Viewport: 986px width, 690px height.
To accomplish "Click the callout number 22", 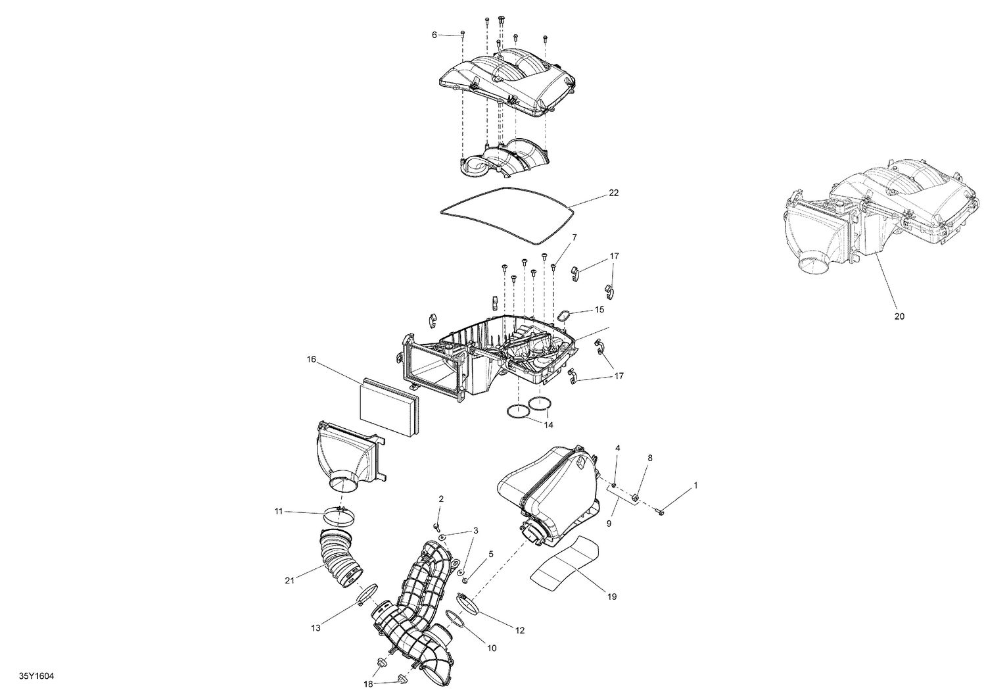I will [x=613, y=193].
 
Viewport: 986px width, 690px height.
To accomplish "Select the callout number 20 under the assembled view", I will [x=899, y=316].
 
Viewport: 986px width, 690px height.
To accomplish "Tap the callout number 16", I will [x=312, y=359].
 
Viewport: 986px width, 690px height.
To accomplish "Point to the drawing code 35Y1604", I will [x=37, y=675].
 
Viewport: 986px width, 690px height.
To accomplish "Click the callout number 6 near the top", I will [x=434, y=34].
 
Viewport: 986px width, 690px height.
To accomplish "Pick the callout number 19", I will [x=611, y=597].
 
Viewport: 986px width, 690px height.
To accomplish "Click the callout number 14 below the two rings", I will [x=548, y=425].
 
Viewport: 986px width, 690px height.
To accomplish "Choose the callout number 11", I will [x=279, y=510].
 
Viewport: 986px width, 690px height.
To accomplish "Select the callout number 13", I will [x=316, y=628].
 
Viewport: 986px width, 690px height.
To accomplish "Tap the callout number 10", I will [x=491, y=648].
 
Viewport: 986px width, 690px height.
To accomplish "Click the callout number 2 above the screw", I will [x=441, y=499].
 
